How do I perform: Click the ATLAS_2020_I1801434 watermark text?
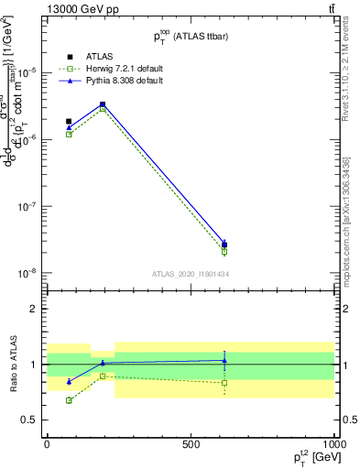190,273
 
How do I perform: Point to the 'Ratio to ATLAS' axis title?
13,365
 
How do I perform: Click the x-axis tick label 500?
191,443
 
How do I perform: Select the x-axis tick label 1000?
333,443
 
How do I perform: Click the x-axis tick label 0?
47,443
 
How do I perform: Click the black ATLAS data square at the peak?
103,104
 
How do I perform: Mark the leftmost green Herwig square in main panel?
69,134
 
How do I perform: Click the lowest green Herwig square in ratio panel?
69,400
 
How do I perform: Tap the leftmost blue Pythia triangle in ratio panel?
69,381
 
